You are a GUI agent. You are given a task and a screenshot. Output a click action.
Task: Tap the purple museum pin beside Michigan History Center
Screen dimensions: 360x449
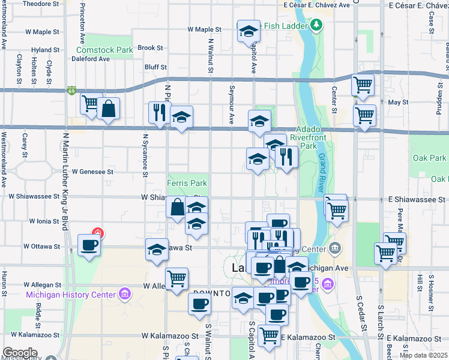pos(124,294)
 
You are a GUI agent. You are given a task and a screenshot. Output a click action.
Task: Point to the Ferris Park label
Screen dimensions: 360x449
pos(187,183)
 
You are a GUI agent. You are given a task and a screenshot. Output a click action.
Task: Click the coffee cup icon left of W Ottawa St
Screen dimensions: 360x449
pos(89,245)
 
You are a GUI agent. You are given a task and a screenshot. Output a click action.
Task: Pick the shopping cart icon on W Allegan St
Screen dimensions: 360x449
pos(176,278)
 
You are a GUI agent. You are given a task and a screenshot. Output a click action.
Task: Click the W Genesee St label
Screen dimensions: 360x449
pos(93,172)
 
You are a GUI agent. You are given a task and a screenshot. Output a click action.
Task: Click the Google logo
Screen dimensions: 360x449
pos(20,352)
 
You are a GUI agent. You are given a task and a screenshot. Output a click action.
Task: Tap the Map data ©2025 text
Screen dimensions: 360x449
pos(423,355)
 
